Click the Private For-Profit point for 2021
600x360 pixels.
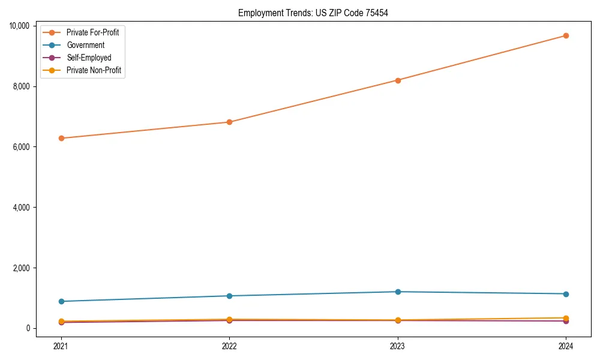pos(61,138)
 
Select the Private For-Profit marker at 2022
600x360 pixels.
pos(229,122)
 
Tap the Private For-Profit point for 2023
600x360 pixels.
pos(398,80)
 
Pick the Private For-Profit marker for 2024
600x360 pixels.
pos(566,35)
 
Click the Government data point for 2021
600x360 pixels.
pos(61,301)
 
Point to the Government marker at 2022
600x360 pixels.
pos(229,296)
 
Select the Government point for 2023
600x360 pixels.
pos(398,292)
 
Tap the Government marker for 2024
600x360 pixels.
pos(566,294)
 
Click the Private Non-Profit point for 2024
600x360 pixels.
pos(566,318)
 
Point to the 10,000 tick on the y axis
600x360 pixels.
pos(20,26)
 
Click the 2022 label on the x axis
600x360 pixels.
pos(229,346)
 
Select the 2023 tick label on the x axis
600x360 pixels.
pos(398,346)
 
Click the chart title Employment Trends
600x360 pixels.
pos(313,13)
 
